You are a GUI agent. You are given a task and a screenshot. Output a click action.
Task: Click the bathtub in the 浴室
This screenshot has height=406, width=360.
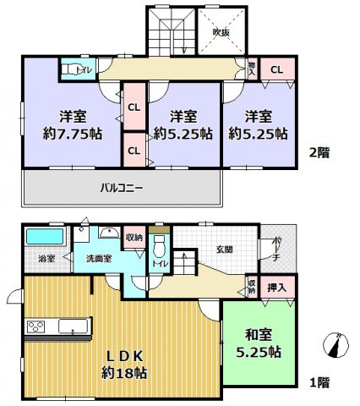click(x=41, y=236)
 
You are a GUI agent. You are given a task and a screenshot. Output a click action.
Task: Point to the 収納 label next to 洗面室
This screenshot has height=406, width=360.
click(x=133, y=238)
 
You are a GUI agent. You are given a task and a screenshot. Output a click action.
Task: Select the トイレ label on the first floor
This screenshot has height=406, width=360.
click(x=157, y=263)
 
